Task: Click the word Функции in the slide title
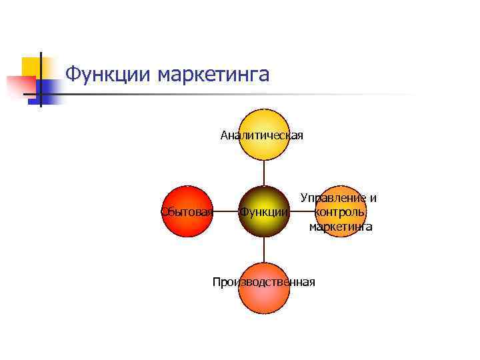[x=109, y=74]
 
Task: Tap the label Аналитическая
[x=262, y=136]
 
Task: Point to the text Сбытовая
[x=187, y=212]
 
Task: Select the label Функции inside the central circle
[x=264, y=212]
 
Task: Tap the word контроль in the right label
[x=340, y=212]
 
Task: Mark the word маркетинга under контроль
[x=340, y=227]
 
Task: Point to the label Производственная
[x=263, y=282]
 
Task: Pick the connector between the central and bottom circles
[x=264, y=251]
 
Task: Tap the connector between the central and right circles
[x=302, y=212]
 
